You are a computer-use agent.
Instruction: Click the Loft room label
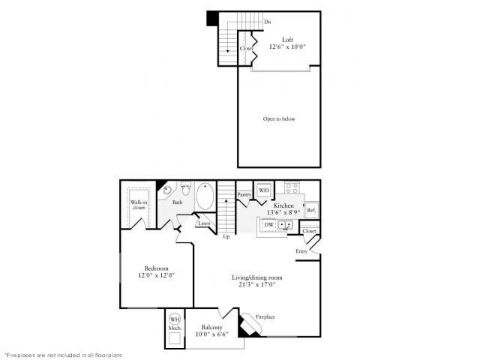coord(287,40)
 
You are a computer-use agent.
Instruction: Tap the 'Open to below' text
coord(278,119)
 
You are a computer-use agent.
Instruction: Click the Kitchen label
coord(283,205)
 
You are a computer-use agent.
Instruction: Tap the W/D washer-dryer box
coord(263,190)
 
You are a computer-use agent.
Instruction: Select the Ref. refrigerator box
coord(310,210)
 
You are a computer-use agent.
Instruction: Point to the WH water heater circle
coord(175,318)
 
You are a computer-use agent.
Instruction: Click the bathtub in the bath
coord(205,198)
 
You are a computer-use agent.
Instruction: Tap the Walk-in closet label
coord(139,205)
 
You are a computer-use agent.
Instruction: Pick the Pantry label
coord(244,195)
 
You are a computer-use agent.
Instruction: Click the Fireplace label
coord(265,317)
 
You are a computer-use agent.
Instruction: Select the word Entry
coord(301,250)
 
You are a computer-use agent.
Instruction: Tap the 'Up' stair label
coord(226,237)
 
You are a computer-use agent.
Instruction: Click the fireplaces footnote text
coord(63,354)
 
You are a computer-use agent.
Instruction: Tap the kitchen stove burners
coord(292,187)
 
